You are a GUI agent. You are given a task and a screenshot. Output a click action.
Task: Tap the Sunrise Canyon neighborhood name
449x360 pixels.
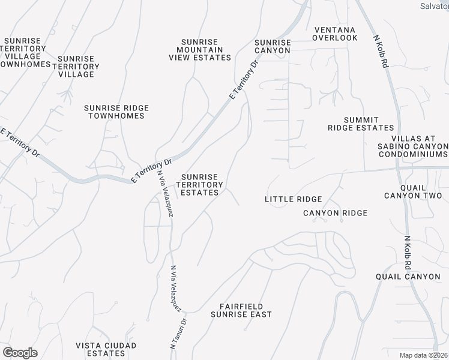[273, 46]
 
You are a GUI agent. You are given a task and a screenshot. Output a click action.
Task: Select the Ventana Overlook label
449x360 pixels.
[335, 34]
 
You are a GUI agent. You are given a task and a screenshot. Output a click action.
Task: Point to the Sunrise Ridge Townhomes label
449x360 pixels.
[116, 112]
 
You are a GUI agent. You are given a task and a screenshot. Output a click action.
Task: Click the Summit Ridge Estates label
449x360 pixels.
[361, 124]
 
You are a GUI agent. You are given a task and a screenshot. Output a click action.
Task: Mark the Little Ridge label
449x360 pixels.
[294, 199]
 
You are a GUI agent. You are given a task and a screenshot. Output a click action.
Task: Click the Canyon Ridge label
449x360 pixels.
[335, 213]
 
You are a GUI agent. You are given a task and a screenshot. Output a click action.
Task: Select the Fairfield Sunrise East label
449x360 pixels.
[241, 310]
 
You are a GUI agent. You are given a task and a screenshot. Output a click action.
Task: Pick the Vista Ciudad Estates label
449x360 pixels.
[106, 349]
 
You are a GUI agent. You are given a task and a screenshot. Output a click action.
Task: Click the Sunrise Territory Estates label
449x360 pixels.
[200, 185]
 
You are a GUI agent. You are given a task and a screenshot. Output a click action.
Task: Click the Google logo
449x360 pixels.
[20, 353]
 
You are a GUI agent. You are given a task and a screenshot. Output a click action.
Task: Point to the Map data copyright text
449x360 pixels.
[424, 355]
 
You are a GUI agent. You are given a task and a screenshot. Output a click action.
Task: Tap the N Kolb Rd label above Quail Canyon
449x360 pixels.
[408, 251]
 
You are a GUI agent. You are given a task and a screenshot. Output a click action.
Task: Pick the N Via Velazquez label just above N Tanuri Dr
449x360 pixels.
[176, 287]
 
